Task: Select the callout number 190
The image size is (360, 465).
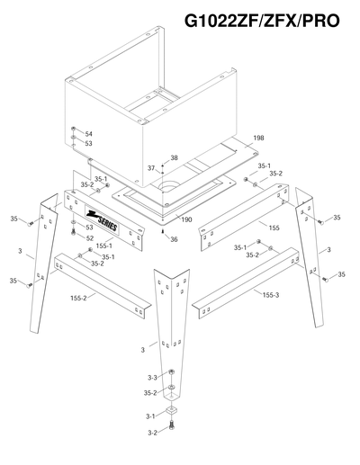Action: (x=187, y=219)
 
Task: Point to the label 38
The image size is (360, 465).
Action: (x=174, y=157)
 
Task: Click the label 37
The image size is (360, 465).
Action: (x=152, y=168)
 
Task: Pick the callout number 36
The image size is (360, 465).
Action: (x=174, y=238)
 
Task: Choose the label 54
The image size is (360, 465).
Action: (x=88, y=134)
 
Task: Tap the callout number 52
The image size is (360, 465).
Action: (x=90, y=239)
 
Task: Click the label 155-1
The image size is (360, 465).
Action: (x=104, y=245)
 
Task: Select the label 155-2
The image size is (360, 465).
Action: (x=77, y=297)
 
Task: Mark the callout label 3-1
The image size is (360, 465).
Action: (x=151, y=416)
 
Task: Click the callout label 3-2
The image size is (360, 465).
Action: (x=151, y=433)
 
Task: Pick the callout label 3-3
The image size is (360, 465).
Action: (x=152, y=377)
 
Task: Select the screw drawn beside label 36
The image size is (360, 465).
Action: (x=161, y=231)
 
